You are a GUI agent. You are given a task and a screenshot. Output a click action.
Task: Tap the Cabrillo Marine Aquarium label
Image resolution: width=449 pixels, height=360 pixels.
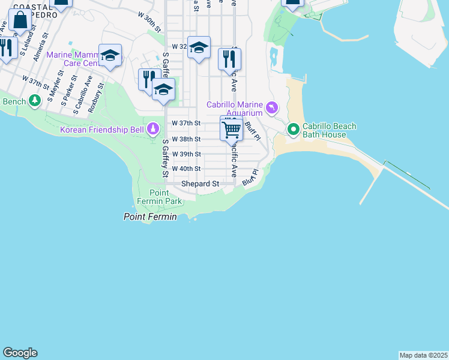(x=235, y=109)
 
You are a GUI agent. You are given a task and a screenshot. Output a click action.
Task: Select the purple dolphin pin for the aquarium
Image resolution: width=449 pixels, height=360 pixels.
(x=273, y=108)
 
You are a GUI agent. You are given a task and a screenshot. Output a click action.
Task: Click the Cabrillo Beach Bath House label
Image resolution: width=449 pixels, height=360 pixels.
(x=329, y=130)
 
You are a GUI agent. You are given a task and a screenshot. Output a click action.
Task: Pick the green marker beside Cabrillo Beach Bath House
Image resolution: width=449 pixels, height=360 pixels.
(x=293, y=129)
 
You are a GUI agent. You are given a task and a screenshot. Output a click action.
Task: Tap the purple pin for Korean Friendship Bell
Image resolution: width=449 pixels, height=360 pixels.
(x=154, y=129)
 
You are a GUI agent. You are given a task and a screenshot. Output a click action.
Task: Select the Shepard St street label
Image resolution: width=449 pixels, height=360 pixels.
(x=200, y=184)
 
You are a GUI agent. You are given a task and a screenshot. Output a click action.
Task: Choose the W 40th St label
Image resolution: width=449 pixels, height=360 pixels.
(x=185, y=169)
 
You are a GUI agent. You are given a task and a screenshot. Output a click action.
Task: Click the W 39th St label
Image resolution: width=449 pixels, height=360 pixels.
(x=185, y=154)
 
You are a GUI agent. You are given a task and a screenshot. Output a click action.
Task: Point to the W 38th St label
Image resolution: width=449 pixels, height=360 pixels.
(x=185, y=139)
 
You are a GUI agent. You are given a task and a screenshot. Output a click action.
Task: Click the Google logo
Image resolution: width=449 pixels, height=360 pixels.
(x=20, y=353)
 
